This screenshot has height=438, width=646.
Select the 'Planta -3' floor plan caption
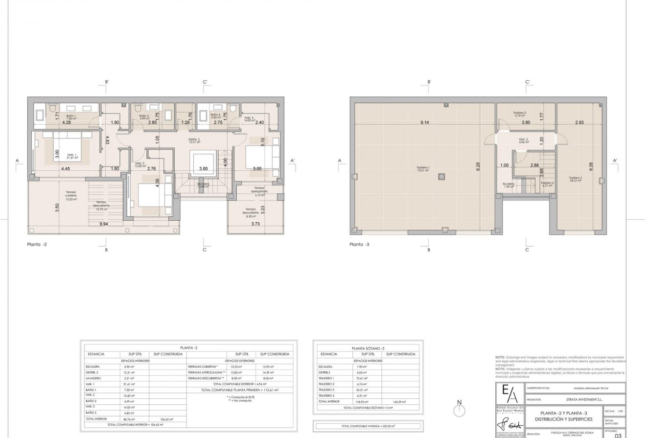point(360,243)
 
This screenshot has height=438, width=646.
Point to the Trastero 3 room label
point(575,179)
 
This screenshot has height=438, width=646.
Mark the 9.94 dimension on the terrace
point(104,224)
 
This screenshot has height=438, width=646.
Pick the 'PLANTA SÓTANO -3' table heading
point(368,348)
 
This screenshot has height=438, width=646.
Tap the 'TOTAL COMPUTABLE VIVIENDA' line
point(368,425)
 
